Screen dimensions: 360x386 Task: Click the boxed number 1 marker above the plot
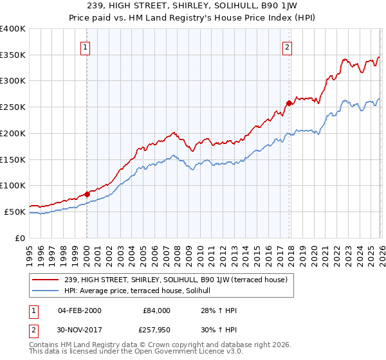86,46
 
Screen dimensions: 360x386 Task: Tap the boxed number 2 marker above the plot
287,46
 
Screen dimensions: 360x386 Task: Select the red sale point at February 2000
87,194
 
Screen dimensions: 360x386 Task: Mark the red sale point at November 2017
289,102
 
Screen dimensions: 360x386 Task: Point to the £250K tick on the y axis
13,107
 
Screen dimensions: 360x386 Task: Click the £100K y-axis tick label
13,186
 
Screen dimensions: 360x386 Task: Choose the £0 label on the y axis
21,238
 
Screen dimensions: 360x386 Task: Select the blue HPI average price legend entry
142,291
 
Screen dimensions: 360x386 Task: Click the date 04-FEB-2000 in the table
79,310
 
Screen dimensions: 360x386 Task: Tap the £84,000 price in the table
156,310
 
